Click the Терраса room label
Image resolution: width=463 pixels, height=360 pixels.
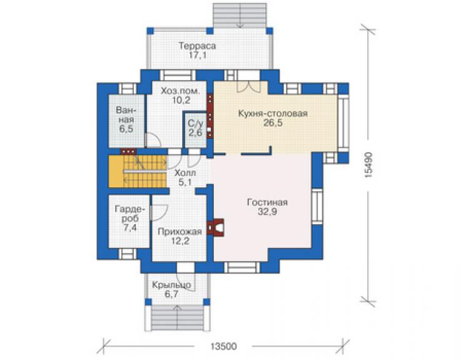click(x=197, y=46)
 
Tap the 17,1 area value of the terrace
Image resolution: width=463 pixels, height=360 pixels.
click(x=197, y=55)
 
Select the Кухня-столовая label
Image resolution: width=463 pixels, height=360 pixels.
click(x=273, y=113)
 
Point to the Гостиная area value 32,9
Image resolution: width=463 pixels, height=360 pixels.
click(x=268, y=212)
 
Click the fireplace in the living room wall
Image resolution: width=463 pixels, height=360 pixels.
click(x=216, y=227)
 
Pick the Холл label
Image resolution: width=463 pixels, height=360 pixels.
click(x=185, y=173)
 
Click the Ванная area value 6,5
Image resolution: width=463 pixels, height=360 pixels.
click(x=126, y=129)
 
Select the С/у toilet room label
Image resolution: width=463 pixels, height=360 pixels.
click(x=195, y=123)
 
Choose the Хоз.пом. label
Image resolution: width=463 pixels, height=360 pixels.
click(x=180, y=91)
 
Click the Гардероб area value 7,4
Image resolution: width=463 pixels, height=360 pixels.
click(x=130, y=228)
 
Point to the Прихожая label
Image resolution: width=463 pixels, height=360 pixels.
click(x=180, y=232)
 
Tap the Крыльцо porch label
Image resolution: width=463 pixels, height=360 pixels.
click(x=171, y=285)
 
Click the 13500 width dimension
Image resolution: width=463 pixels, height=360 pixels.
click(x=223, y=346)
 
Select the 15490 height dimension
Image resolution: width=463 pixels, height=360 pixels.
click(x=368, y=165)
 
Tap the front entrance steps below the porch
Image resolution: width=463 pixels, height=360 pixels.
click(x=178, y=318)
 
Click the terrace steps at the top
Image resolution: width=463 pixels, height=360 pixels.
click(x=240, y=16)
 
